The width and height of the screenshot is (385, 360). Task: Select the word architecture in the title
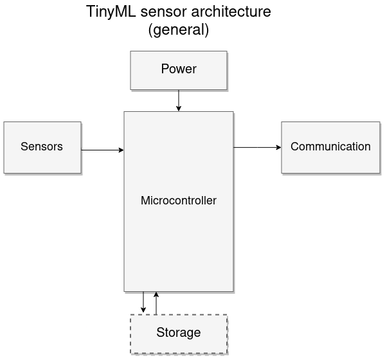coord(233,12)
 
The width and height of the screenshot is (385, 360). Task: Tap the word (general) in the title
coord(179,30)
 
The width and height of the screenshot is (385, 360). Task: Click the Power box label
coord(179,69)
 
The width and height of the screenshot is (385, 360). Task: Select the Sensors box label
coord(42,147)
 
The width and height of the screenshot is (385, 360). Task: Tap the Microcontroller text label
coord(179,201)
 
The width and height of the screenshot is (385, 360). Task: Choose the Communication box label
coord(330,147)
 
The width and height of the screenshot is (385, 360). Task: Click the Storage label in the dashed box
coord(179,333)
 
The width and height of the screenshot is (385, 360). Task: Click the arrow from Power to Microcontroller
coord(179,100)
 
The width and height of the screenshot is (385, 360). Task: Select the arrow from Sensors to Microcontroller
coord(102,150)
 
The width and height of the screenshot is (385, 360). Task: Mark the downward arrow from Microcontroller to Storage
coord(143,301)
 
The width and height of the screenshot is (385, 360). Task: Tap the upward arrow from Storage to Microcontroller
coord(156,303)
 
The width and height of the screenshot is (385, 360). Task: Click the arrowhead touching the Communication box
coord(278,147)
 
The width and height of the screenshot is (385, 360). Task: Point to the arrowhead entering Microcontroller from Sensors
coord(121,150)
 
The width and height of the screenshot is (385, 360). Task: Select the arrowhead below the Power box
coord(179,109)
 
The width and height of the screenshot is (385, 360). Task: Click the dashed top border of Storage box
coord(193,314)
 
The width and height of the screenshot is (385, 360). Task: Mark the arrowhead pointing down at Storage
coord(143,310)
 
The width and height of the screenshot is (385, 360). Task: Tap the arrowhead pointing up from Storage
coord(156,294)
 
